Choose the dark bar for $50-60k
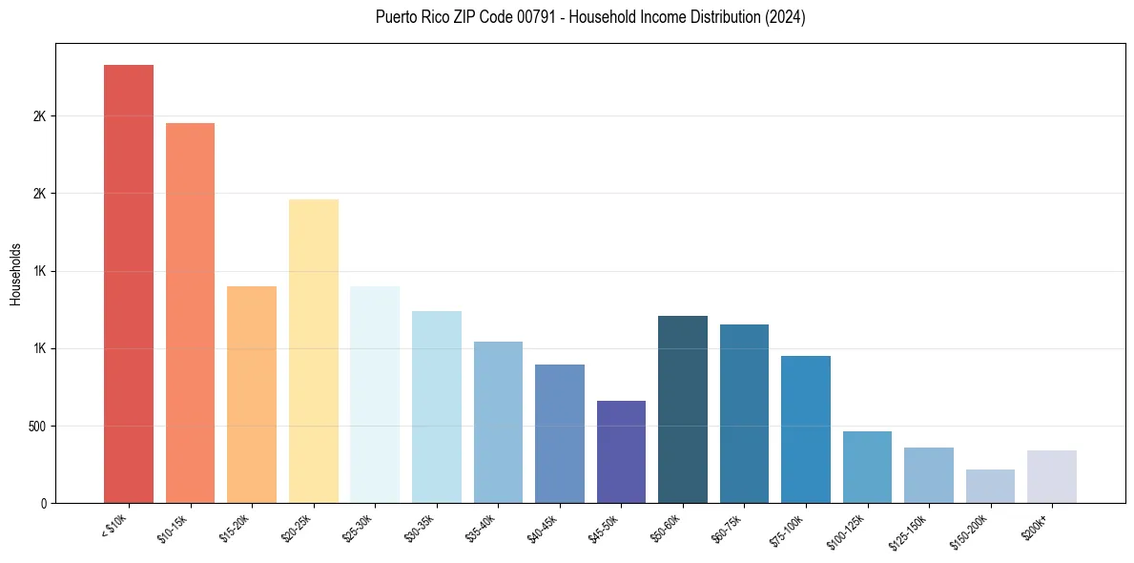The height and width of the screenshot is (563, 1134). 683,409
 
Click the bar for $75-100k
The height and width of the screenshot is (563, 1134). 806,429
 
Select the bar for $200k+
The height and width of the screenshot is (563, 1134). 1052,476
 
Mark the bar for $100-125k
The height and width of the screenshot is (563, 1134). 867,467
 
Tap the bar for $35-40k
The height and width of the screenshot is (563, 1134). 498,422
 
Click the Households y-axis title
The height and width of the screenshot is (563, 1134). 15,274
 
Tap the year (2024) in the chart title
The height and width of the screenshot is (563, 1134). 785,17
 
